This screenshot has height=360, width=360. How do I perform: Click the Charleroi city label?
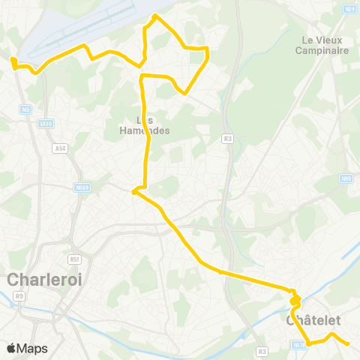44,280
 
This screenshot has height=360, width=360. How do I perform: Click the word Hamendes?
145,130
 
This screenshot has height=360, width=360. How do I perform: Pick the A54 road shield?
60,148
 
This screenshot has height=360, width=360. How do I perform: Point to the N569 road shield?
82,187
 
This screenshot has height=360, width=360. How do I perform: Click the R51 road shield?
74,259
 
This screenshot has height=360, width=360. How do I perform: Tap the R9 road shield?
19,296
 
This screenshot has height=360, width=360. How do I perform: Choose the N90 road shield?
345,178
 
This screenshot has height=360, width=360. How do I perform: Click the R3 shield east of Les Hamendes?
227,138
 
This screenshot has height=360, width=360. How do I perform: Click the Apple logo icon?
11,348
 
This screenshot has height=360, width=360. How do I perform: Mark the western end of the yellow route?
13,60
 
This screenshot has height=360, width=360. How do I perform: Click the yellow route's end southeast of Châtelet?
349,344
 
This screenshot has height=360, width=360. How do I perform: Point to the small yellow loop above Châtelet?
295,300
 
